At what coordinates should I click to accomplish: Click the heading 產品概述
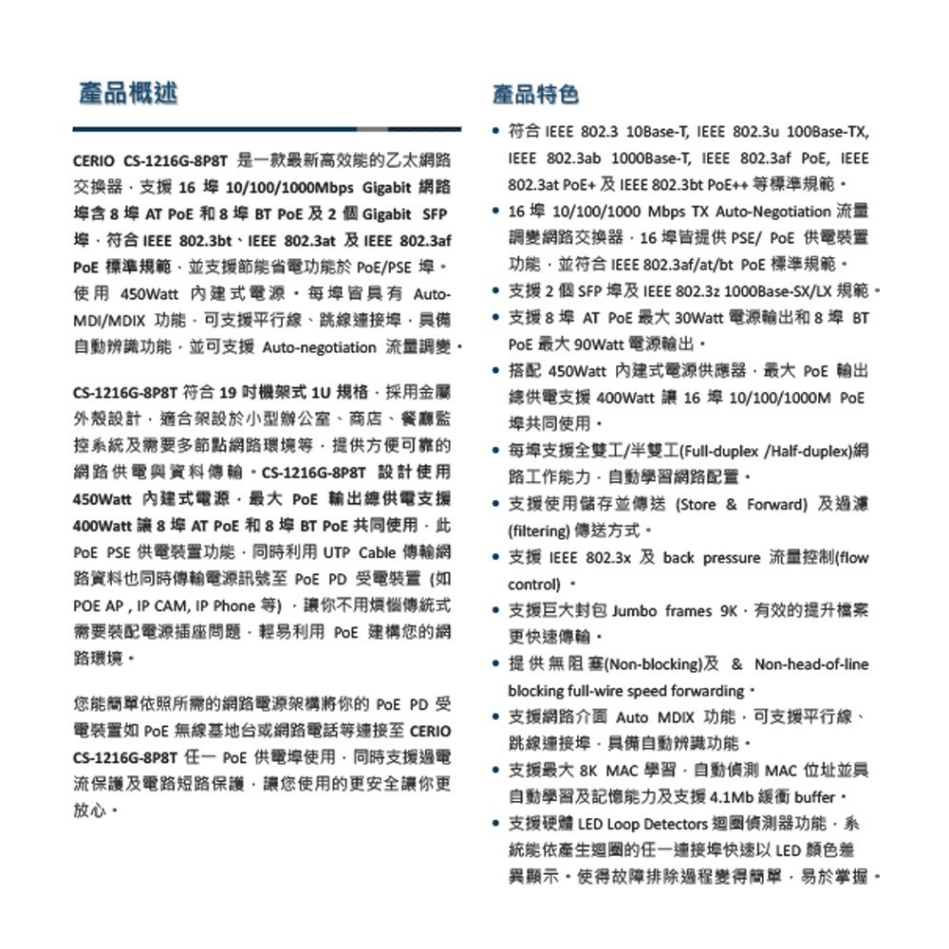tap(127, 93)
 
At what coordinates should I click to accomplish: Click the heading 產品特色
tap(535, 93)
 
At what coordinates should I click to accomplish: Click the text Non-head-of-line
tap(810, 664)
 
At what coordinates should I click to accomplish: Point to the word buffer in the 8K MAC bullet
tap(813, 795)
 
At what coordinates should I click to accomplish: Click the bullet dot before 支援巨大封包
tap(497, 610)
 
